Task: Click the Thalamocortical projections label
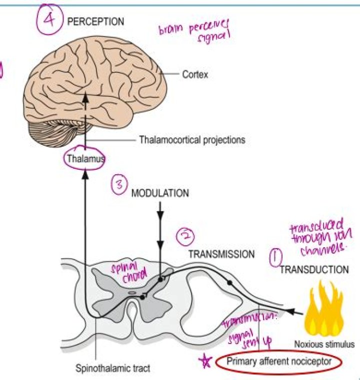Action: pyautogui.click(x=192, y=140)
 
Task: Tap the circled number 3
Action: pyautogui.click(x=118, y=186)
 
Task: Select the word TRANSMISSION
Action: pyautogui.click(x=221, y=254)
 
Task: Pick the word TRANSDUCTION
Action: pyautogui.click(x=314, y=270)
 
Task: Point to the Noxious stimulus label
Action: pyautogui.click(x=324, y=344)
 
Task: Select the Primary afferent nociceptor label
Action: pyautogui.click(x=278, y=362)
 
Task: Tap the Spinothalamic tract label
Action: pyautogui.click(x=112, y=370)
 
